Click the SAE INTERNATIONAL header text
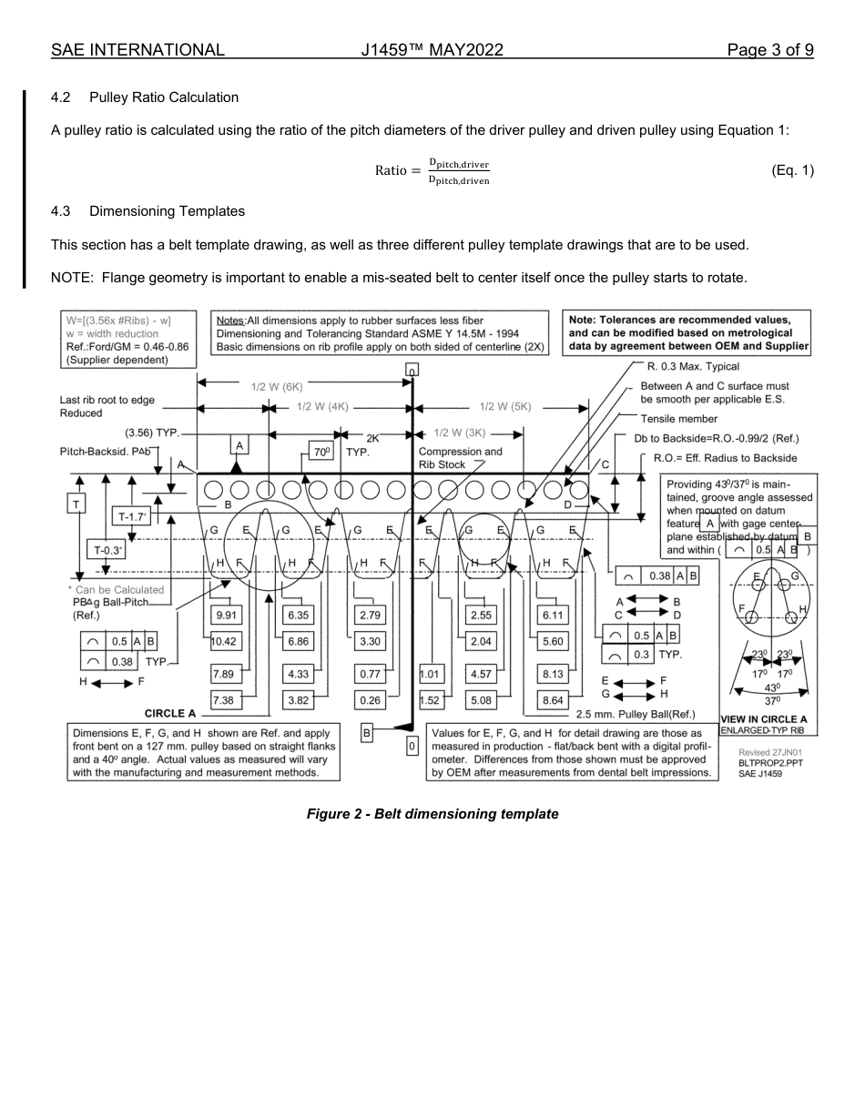(137, 50)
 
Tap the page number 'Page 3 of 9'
(769, 50)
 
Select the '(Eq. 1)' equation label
(791, 170)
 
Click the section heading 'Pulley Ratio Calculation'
(164, 97)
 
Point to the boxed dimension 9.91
(226, 616)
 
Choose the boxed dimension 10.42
(224, 642)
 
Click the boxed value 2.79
(371, 616)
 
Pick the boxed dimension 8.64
(553, 701)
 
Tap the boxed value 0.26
(371, 701)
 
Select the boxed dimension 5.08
(480, 701)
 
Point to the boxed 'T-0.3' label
(106, 550)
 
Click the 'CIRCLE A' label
(170, 713)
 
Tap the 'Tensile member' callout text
(678, 419)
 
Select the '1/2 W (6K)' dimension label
(276, 385)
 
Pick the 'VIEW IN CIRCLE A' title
(763, 719)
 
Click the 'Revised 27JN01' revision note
(769, 752)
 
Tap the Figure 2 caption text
(432, 813)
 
